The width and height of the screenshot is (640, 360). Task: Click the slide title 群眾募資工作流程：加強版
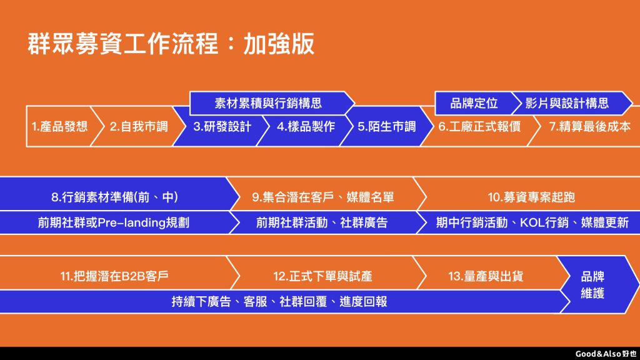tap(171, 44)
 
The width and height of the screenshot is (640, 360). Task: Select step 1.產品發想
tap(60, 126)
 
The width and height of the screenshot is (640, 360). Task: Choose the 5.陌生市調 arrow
tap(386, 126)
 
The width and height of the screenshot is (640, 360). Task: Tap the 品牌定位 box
tap(474, 103)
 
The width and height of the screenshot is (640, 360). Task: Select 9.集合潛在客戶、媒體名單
tap(323, 197)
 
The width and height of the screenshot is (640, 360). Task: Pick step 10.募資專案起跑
tap(531, 197)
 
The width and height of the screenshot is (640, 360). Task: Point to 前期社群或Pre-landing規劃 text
tap(114, 222)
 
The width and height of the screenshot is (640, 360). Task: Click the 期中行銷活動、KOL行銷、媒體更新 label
tap(532, 222)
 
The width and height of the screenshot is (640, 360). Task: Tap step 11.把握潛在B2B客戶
tap(115, 276)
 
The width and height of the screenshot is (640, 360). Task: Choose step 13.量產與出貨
tap(486, 276)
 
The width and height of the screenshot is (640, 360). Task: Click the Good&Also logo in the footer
tap(606, 354)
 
